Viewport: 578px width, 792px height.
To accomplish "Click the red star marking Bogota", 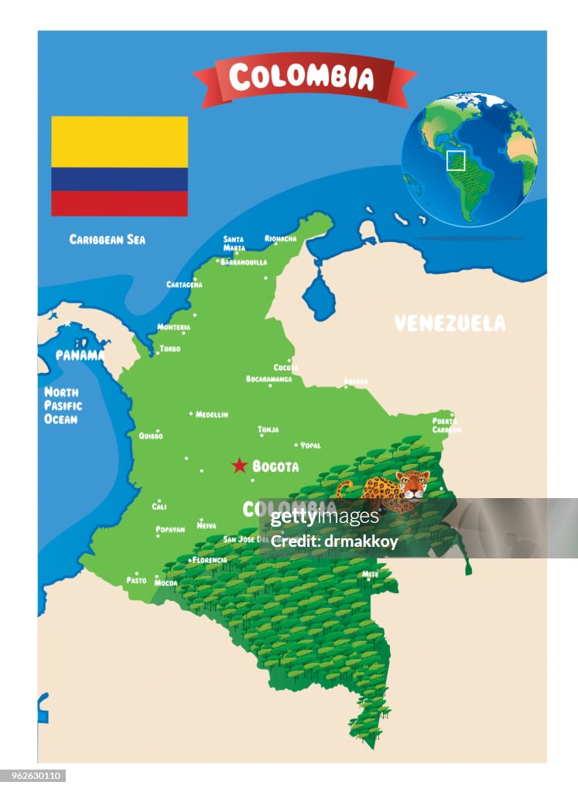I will point(240,466).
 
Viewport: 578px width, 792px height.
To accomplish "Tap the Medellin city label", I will point(211,415).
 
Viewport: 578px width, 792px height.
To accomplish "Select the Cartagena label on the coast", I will point(184,285).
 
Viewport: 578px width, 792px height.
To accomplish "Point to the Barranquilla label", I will point(244,262).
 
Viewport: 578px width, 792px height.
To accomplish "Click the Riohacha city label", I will point(281,239).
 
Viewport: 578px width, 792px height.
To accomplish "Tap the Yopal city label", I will point(310,445).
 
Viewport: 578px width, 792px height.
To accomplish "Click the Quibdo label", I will point(151,435).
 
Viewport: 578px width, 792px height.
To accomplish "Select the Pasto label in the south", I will point(136,580).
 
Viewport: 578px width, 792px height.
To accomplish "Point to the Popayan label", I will point(170,530).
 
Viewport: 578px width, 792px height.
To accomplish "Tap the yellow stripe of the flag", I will point(119,142).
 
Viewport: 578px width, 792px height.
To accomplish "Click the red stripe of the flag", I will point(119,203).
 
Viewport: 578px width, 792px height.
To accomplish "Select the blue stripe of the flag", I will point(119,179).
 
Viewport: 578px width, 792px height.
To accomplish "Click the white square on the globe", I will point(456,160).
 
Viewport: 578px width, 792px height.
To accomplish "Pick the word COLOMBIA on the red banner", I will point(302,77).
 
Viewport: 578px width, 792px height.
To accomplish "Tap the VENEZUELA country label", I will point(450,323).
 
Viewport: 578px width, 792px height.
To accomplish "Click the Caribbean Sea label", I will point(107,240).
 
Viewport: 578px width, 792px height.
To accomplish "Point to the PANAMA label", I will point(79,355).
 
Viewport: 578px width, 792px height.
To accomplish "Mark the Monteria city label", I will point(174,327).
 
